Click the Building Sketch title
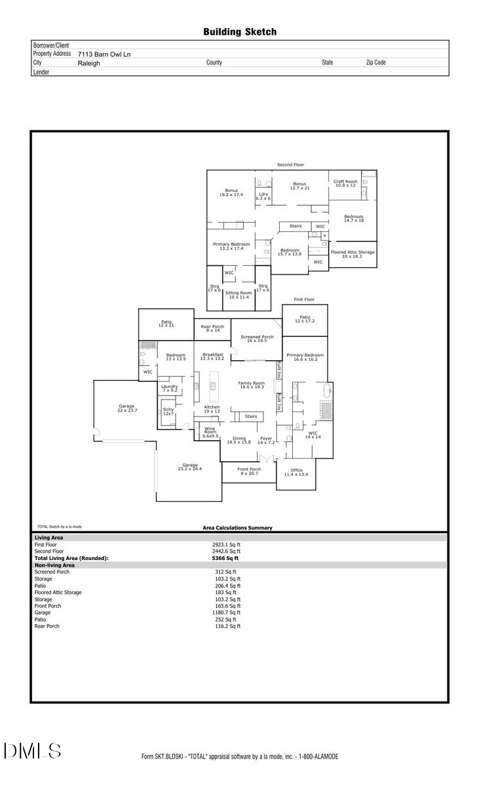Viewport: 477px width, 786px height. [239, 31]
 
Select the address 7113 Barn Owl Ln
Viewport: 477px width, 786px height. [104, 54]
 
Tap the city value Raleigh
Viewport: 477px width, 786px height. [89, 64]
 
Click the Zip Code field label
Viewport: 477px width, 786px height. [375, 63]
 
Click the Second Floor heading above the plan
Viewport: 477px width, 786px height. [290, 164]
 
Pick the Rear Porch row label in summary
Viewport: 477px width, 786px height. [47, 626]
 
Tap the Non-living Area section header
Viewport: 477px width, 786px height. [54, 565]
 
